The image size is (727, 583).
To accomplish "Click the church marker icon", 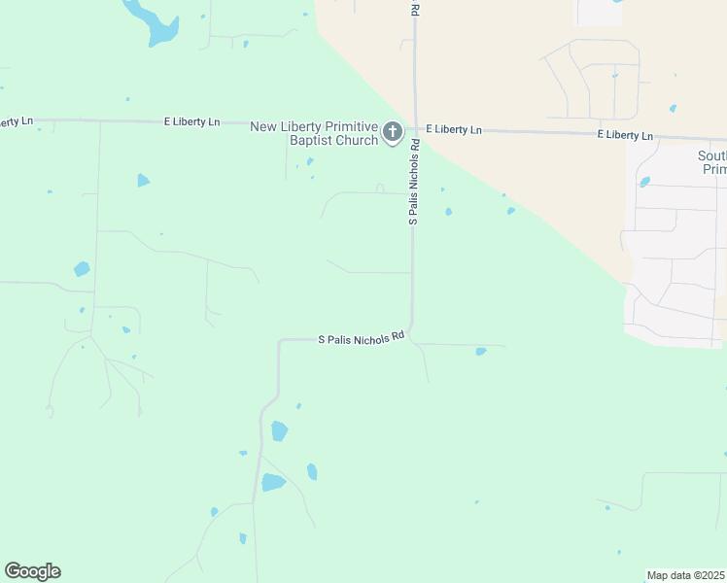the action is (393, 132).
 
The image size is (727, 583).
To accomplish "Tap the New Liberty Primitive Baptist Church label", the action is (314, 133).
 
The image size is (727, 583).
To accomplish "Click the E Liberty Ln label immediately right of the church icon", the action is (453, 129).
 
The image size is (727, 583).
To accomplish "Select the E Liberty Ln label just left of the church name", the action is (191, 122).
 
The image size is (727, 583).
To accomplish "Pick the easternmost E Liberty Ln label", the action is (625, 135).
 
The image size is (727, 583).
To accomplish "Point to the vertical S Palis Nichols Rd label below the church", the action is (414, 183).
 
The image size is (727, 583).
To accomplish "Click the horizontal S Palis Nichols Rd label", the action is (362, 339).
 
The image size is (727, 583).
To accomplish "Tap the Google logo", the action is (33, 571).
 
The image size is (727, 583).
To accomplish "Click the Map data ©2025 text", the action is (685, 575).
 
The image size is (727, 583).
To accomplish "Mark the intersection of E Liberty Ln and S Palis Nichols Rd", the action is (415, 128).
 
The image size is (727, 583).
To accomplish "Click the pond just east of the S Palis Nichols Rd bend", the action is (481, 351).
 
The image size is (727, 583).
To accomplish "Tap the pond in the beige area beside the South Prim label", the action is (644, 182).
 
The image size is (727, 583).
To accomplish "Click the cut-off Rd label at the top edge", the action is (415, 8).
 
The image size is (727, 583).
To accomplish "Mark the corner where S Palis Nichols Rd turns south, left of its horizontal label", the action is (281, 342).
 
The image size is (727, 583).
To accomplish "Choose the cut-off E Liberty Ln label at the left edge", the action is (16, 121).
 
